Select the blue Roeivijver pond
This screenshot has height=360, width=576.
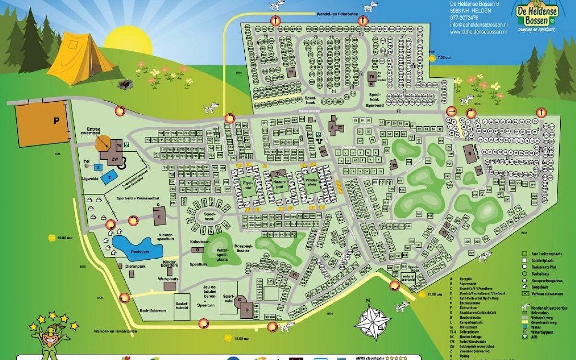(137, 247)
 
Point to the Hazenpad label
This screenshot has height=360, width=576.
(279, 185)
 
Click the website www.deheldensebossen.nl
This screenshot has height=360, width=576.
(478, 32)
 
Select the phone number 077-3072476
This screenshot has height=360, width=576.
(464, 18)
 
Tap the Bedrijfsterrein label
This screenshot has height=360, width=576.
(152, 311)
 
